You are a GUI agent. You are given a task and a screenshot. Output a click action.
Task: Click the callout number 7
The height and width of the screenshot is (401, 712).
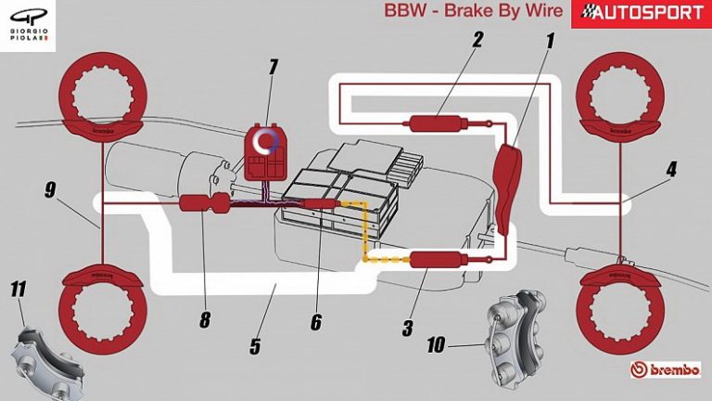273,67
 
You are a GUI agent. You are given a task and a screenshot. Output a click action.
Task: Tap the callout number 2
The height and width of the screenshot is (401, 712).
477,40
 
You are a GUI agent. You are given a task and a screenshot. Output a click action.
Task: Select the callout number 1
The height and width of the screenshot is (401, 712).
550,40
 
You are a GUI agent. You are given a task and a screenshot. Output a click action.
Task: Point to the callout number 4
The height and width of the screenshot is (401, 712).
671,169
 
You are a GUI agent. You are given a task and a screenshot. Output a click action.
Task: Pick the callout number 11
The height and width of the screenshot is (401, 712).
18,290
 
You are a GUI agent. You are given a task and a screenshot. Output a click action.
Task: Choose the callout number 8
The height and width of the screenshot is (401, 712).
205,320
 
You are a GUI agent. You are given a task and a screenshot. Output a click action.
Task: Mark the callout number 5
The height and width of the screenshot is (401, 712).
255,347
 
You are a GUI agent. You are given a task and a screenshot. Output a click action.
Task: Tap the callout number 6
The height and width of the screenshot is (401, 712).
316,321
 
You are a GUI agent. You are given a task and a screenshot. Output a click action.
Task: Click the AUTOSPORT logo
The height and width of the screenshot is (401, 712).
641,13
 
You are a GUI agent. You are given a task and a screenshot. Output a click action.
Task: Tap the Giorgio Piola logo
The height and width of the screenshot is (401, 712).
27,25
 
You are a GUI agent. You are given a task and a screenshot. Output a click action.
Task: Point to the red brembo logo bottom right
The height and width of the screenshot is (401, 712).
668,369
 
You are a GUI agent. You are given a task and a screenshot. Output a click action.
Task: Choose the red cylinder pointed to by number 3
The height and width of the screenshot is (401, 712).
436,261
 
